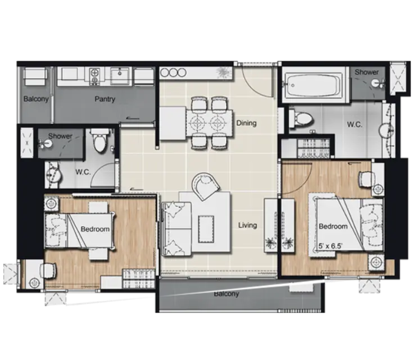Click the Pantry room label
tap(105, 99)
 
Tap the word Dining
tap(246, 123)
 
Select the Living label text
tap(247, 225)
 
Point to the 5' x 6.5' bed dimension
tap(331, 246)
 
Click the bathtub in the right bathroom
tap(313, 85)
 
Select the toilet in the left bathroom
tap(100, 141)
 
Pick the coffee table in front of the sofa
tap(206, 229)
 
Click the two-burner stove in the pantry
tap(94, 76)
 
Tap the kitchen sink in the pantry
tap(120, 75)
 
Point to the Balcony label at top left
tap(36, 99)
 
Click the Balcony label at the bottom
tap(226, 294)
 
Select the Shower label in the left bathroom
tap(60, 136)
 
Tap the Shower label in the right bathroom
tap(367, 72)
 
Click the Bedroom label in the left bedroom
tap(95, 229)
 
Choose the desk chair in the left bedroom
tap(48, 271)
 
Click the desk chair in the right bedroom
tap(367, 179)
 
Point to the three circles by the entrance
tap(173, 73)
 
